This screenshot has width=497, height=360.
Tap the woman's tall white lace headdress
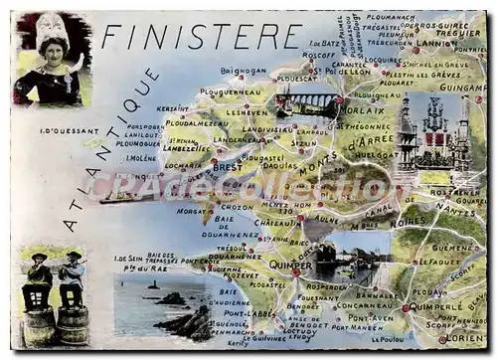click(x=51, y=31)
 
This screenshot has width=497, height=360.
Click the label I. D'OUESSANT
click(x=69, y=131)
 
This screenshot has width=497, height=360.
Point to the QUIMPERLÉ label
click(x=432, y=307)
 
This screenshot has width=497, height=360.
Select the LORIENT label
click(x=465, y=340)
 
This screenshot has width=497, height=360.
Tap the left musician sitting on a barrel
click(x=38, y=281)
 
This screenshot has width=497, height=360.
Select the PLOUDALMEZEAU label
click(x=196, y=123)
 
